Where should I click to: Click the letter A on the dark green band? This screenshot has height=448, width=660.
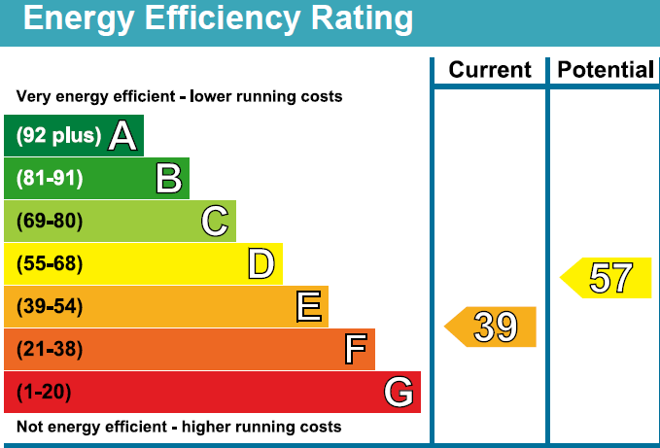point(122,136)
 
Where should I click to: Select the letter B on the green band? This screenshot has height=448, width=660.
point(168,179)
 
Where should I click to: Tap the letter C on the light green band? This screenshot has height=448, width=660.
point(215,222)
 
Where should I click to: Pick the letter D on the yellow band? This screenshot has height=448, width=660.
point(261,264)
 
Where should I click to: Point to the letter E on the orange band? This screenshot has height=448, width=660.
point(308,307)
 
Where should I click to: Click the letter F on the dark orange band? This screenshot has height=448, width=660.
point(356,350)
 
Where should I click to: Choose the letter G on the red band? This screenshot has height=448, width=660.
point(399,393)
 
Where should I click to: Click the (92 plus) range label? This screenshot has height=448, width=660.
point(58,136)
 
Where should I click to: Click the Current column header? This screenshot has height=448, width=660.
point(490,70)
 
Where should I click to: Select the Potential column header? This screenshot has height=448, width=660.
point(605,70)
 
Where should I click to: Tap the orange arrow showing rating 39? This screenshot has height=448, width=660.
point(492,327)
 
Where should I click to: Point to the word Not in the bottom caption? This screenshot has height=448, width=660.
point(30,427)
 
